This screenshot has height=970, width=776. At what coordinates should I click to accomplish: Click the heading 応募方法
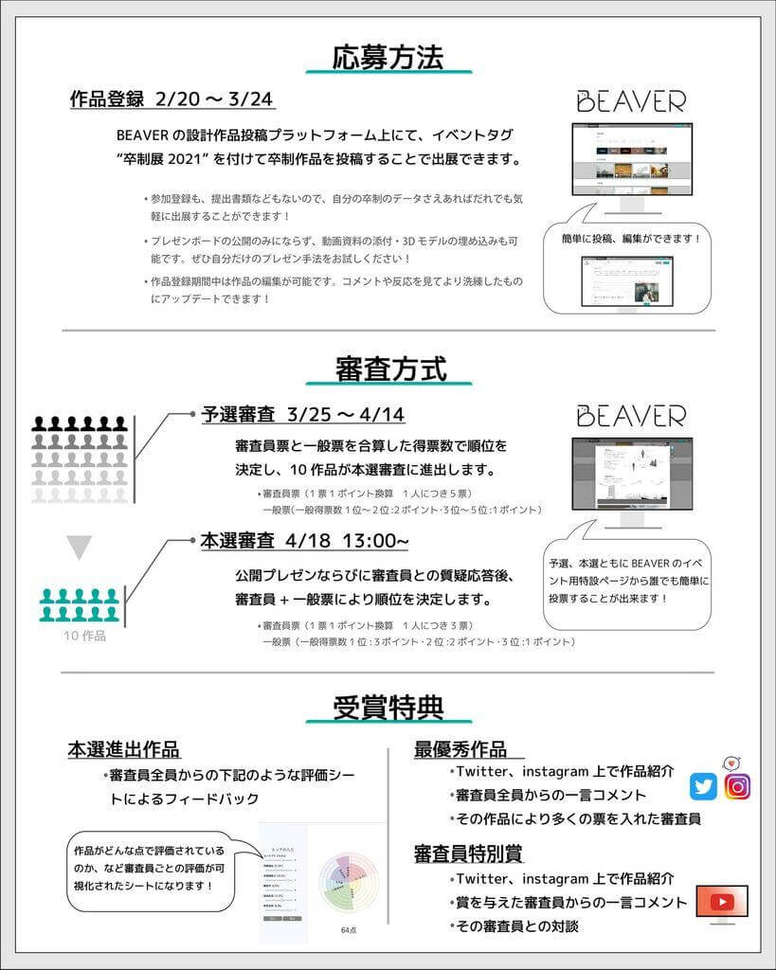(388, 57)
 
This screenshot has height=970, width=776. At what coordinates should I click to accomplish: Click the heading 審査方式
(389, 368)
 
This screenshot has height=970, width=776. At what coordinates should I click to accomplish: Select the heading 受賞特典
(388, 707)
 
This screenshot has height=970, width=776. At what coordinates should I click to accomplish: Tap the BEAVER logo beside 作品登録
(630, 101)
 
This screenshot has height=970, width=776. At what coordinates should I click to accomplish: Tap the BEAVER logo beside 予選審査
(630, 416)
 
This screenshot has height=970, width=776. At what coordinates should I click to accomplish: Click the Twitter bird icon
(703, 786)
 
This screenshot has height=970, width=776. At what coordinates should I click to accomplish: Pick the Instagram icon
(737, 786)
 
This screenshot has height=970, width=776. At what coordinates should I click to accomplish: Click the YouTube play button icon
(722, 902)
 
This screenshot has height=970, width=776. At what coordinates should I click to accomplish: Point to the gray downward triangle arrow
(80, 547)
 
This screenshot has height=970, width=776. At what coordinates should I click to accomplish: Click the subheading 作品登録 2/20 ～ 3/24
(172, 99)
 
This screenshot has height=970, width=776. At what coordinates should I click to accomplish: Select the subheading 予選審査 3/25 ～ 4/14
(303, 415)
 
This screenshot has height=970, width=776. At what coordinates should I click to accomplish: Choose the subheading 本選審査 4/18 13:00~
(304, 541)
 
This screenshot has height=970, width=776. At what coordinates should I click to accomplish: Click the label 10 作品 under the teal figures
(84, 636)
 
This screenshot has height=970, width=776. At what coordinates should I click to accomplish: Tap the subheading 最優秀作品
(460, 749)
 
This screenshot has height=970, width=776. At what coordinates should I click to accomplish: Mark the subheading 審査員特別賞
(468, 853)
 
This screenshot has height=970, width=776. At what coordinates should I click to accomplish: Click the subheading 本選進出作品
(123, 750)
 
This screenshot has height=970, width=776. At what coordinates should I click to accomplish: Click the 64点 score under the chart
(348, 930)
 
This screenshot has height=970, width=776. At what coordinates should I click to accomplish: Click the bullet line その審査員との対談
(516, 925)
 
